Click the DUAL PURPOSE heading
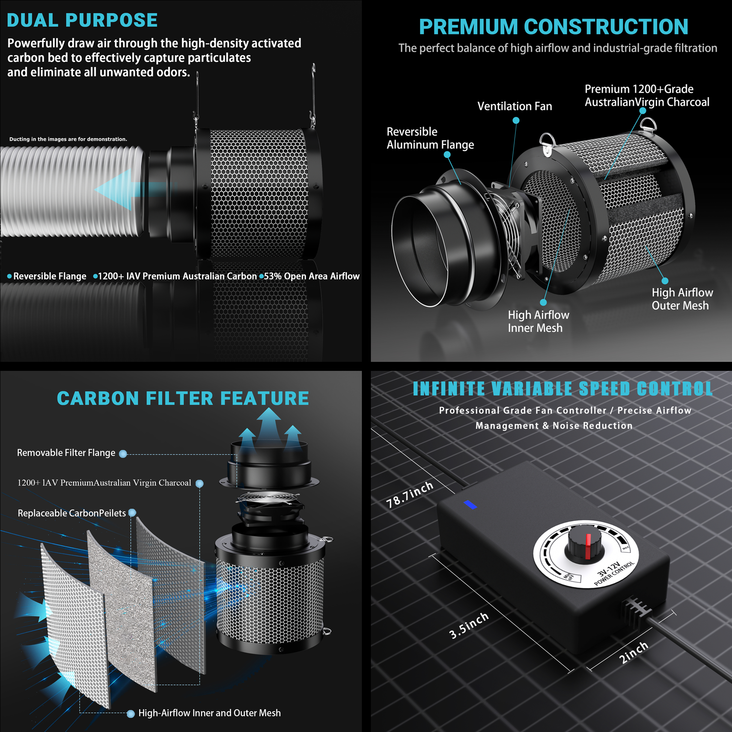(x=82, y=20)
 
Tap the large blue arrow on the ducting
(x=129, y=190)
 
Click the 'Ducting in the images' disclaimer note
(x=68, y=139)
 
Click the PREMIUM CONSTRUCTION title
(x=554, y=27)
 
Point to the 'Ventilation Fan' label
(x=515, y=106)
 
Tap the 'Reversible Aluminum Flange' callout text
(x=430, y=138)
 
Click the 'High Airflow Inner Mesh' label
(x=538, y=321)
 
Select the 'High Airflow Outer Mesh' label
(x=682, y=299)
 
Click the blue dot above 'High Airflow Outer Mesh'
(x=665, y=281)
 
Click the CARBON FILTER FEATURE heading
(x=183, y=398)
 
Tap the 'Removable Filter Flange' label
(x=66, y=453)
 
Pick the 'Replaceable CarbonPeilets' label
(x=72, y=513)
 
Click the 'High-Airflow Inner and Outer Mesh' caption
(x=209, y=713)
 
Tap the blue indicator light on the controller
(x=470, y=504)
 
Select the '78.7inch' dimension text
(x=410, y=494)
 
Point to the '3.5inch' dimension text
(x=469, y=625)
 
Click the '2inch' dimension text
(x=634, y=652)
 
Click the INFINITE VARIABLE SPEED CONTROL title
(x=563, y=389)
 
